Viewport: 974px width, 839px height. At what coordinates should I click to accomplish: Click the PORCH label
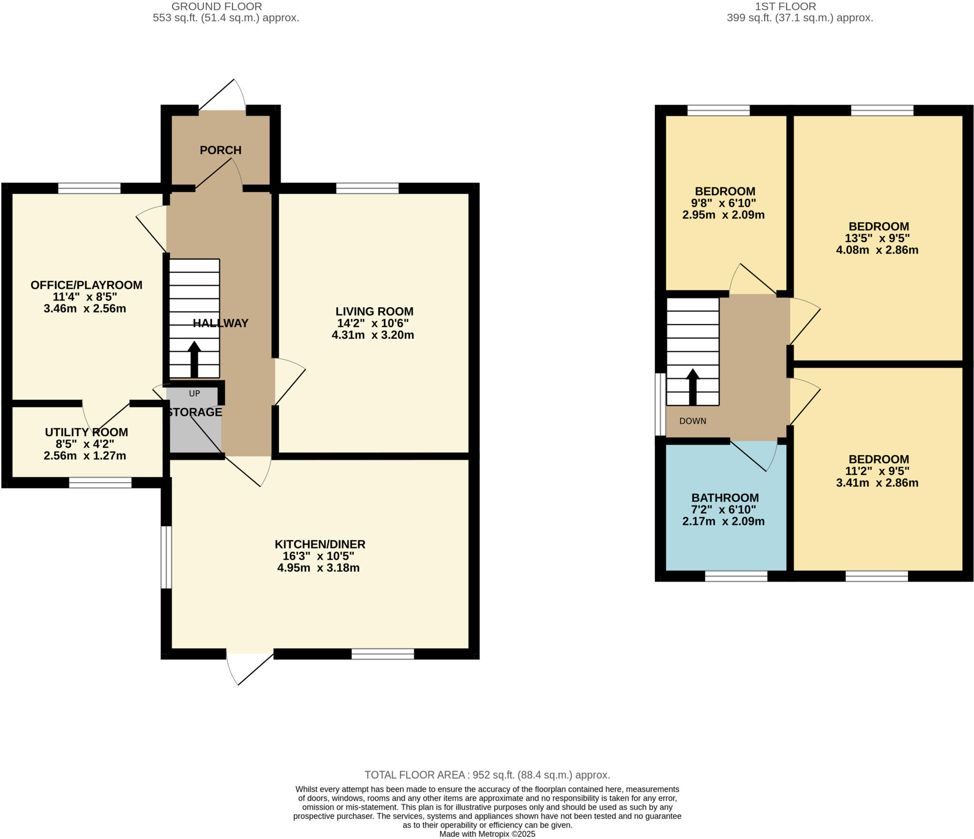(220, 150)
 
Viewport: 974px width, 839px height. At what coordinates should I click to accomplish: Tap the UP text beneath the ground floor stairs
(195, 393)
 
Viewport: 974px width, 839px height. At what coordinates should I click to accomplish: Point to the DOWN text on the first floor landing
(692, 421)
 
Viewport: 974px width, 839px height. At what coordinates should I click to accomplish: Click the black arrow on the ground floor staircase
(194, 359)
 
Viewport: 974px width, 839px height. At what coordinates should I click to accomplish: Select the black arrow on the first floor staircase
(692, 386)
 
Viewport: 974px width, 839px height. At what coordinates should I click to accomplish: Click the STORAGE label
(195, 412)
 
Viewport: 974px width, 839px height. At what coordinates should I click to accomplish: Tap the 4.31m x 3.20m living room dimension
(373, 335)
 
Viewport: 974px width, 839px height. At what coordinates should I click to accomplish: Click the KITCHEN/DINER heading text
(320, 544)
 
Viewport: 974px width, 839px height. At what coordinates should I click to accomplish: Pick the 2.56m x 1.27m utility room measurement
(85, 456)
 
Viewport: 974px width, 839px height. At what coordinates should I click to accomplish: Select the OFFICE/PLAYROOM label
(86, 285)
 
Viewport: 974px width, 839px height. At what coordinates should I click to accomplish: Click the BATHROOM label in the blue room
(725, 498)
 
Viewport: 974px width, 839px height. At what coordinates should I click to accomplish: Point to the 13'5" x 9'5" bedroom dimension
(878, 238)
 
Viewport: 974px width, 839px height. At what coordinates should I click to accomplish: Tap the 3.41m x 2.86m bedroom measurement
(877, 483)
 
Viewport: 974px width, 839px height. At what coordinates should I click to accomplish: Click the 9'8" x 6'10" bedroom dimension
(724, 203)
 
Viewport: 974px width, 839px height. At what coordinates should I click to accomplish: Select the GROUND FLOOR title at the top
(216, 7)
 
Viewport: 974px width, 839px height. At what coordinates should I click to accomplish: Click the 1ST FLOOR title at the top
(785, 7)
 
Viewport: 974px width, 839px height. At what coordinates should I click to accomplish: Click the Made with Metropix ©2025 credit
(487, 834)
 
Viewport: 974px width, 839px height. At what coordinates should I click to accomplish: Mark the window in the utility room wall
(100, 483)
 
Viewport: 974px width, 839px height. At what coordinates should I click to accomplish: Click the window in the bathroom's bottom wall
(736, 576)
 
